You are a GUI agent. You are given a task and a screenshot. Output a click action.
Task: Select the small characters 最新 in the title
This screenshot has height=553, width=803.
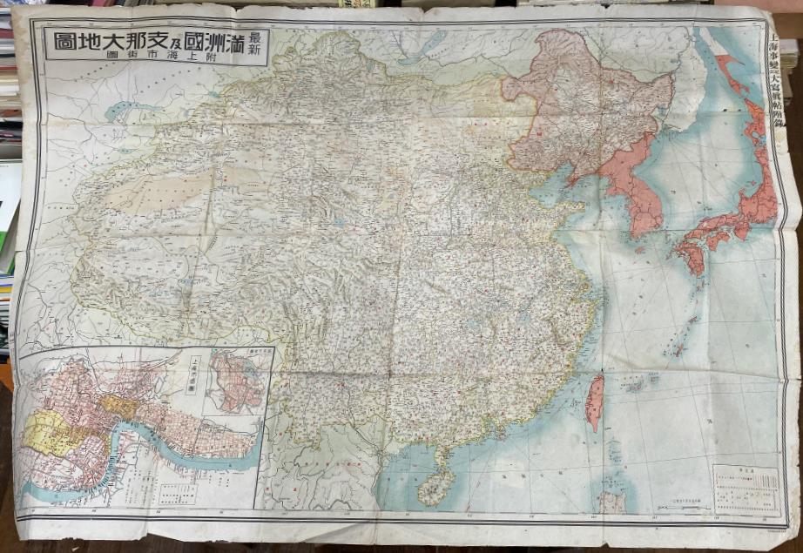(x=254, y=42)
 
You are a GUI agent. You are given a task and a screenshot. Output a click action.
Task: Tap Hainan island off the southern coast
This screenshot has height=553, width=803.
(x=435, y=486)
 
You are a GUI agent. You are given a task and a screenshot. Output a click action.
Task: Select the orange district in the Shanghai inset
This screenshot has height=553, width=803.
(x=117, y=406)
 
